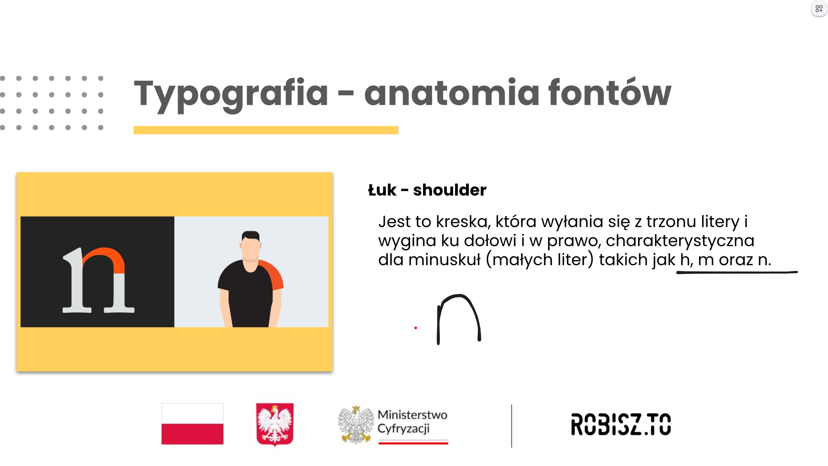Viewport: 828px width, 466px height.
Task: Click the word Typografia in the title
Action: (x=231, y=94)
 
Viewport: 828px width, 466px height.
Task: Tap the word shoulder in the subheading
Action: (x=450, y=190)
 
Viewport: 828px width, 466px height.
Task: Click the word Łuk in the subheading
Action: (x=382, y=190)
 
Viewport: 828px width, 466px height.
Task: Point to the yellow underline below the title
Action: (x=266, y=130)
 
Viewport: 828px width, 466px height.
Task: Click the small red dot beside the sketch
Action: (x=416, y=328)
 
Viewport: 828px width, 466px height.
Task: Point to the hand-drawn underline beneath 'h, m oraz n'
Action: (x=737, y=272)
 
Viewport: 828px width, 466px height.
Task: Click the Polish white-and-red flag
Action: (x=192, y=424)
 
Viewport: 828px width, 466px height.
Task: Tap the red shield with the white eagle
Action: (x=275, y=424)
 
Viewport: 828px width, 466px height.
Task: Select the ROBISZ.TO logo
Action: (x=621, y=424)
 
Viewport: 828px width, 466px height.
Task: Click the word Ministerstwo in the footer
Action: (x=412, y=415)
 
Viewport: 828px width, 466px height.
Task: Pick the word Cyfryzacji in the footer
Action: (x=404, y=428)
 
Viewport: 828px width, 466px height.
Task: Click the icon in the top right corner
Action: (x=819, y=9)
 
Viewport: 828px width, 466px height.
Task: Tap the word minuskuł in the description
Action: (x=444, y=260)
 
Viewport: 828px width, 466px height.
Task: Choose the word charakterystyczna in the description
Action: (x=680, y=241)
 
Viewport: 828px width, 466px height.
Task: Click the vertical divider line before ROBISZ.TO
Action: (x=511, y=426)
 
